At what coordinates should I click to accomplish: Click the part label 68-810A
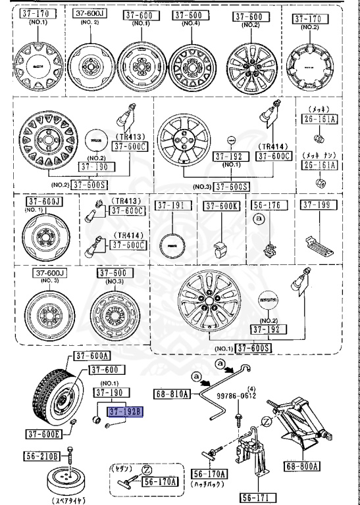pos(172,394)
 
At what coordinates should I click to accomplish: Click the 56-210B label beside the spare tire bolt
pos(43,456)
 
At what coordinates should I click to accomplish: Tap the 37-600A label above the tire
pos(91,356)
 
